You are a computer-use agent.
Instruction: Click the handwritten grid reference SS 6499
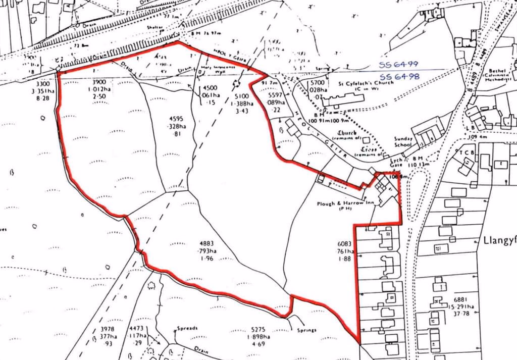(x=399, y=65)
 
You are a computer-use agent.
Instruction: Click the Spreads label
(x=187, y=328)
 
